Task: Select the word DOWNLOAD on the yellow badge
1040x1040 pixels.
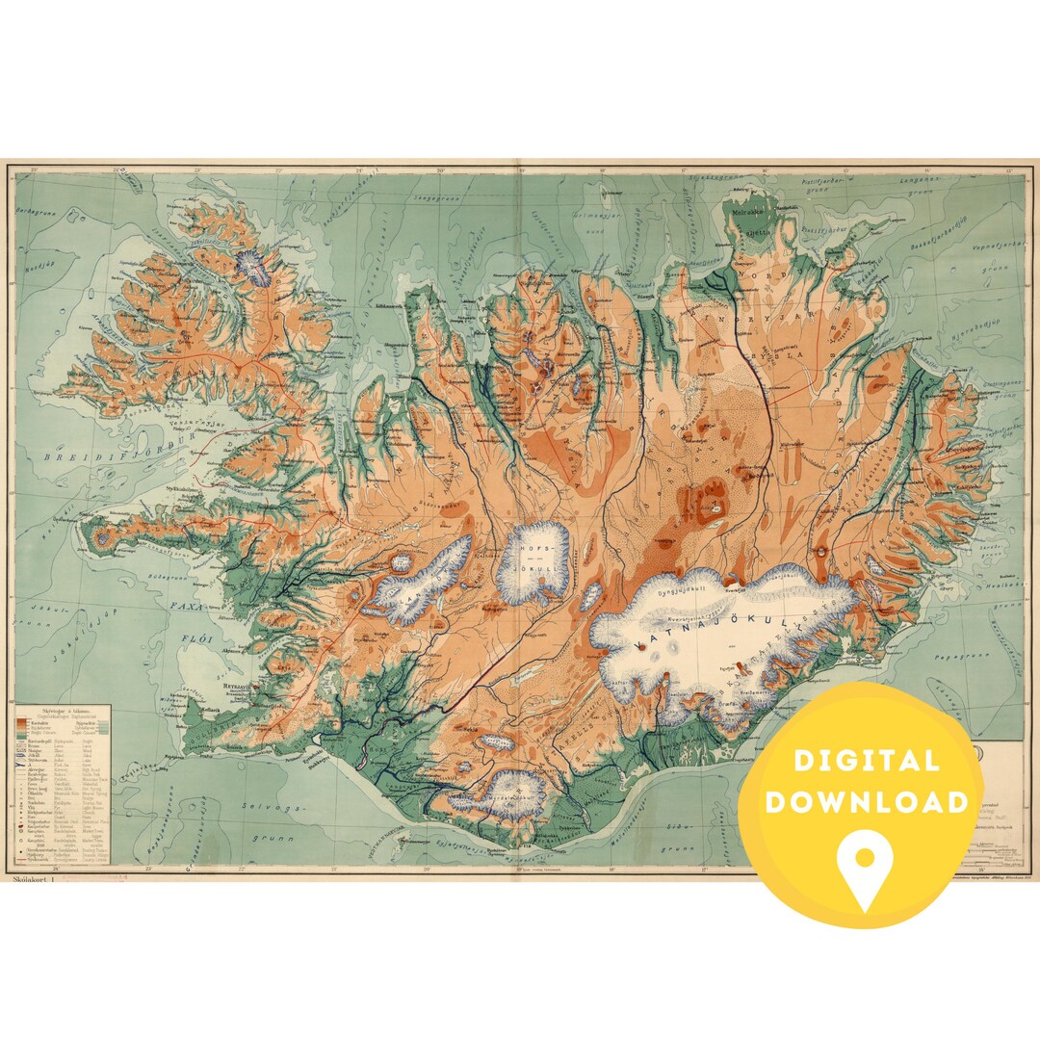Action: point(867,802)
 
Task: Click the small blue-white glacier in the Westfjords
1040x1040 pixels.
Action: point(256,269)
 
